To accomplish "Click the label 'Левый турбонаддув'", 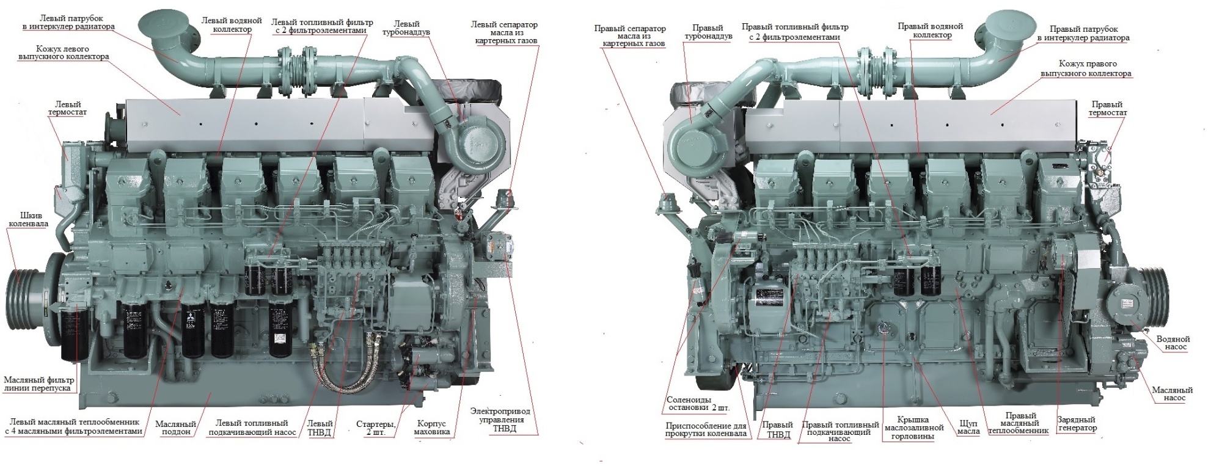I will click(406, 28).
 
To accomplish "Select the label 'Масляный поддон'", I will click(175, 428).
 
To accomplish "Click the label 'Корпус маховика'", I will click(431, 428).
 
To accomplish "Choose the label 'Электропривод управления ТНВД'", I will click(500, 420).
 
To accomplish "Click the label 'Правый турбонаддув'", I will click(708, 32).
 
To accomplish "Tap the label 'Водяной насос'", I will click(1173, 343).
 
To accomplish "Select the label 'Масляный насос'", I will click(1172, 394).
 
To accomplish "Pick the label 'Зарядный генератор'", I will click(1077, 424).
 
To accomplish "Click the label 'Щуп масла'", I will click(968, 428).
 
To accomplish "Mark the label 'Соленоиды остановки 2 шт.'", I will click(698, 404).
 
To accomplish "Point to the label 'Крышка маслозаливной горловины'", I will click(914, 428).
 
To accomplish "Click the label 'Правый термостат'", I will click(1108, 108).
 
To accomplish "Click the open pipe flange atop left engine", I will click(164, 24).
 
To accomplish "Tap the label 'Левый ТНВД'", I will click(320, 428).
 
